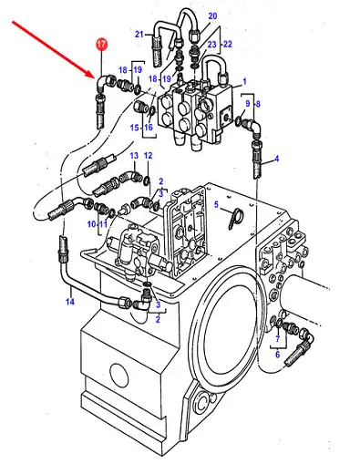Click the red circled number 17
coord(101,45)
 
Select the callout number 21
coord(139,34)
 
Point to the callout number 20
coord(212,15)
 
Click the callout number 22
coord(228,44)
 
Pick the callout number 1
coord(244,81)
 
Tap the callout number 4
coord(276,159)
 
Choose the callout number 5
coord(216,204)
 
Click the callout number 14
coord(70,302)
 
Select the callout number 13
coord(134,156)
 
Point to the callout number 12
coord(148,156)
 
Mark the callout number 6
coord(277,355)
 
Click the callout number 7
coord(277,338)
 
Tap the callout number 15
coord(134,128)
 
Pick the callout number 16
coord(149,128)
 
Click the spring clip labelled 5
coord(234,218)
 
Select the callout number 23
coord(211,45)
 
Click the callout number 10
coord(91,224)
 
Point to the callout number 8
coord(258,104)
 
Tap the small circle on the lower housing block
coord(119,375)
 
